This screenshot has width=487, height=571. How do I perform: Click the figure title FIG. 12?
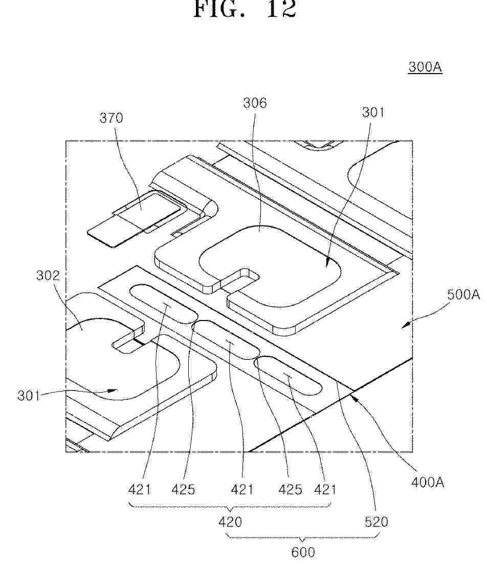click(x=244, y=9)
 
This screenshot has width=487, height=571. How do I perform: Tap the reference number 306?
click(x=255, y=103)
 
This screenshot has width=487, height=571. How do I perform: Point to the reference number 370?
click(x=111, y=118)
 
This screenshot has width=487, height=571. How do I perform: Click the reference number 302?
click(x=48, y=275)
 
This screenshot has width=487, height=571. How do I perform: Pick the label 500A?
click(x=463, y=294)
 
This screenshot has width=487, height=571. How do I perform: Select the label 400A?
click(x=427, y=483)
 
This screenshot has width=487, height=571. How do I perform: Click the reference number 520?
click(x=376, y=522)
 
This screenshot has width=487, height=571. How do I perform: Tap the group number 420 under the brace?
click(x=230, y=522)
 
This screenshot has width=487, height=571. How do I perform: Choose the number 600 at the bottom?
click(x=303, y=553)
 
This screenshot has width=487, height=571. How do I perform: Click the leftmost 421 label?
click(x=139, y=489)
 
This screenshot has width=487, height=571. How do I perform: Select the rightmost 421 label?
click(x=324, y=489)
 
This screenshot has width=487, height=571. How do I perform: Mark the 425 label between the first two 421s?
click(x=183, y=489)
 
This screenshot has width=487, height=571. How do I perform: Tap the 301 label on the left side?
click(x=29, y=395)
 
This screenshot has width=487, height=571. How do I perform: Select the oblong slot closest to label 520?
click(x=288, y=376)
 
